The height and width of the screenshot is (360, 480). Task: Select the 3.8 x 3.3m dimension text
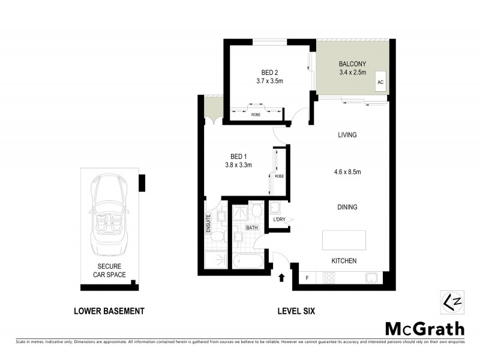click(x=238, y=164)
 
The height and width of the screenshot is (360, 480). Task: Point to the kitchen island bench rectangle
click(x=344, y=239)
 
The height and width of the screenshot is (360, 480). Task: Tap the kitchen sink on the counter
click(x=372, y=278)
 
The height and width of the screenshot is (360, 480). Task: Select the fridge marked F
click(x=307, y=278)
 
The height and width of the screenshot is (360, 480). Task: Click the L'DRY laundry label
click(x=279, y=220)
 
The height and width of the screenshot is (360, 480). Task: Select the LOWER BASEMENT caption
click(x=109, y=311)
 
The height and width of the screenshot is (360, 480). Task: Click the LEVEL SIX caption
click(x=296, y=311)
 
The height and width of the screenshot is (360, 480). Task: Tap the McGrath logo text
click(x=424, y=328)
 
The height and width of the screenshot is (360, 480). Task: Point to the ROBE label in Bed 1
click(x=279, y=176)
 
